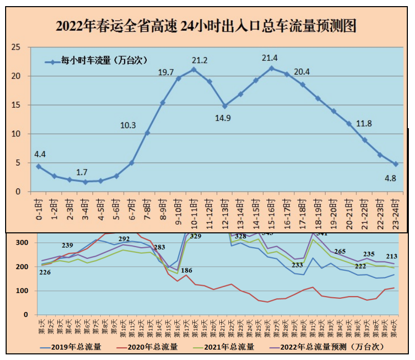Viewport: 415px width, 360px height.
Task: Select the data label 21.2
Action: click(x=199, y=60)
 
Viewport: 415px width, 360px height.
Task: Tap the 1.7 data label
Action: click(x=84, y=172)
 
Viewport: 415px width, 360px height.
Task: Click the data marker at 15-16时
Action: click(x=271, y=68)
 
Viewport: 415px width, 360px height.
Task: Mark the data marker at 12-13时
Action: click(x=225, y=106)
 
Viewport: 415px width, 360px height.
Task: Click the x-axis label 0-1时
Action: click(x=39, y=209)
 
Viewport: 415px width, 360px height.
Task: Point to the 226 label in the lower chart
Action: click(x=45, y=273)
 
